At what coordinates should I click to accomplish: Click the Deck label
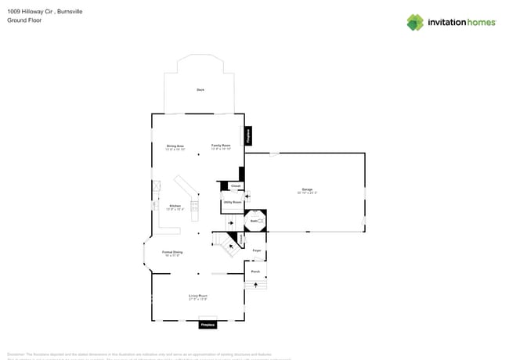(200, 91)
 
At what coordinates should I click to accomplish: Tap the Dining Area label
(175, 146)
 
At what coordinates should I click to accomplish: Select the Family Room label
(221, 146)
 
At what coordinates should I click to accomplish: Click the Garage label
(307, 189)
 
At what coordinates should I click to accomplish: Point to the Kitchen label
(175, 207)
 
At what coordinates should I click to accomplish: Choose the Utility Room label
(233, 202)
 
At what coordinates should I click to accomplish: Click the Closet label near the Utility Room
(236, 185)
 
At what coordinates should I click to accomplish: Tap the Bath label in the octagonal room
(254, 221)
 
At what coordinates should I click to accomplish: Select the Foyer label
(256, 250)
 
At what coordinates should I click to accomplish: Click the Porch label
(255, 272)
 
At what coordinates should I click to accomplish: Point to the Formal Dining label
(172, 253)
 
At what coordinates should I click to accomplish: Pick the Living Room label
(197, 297)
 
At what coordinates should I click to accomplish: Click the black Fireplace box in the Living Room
(208, 324)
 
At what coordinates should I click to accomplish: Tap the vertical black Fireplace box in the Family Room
(249, 135)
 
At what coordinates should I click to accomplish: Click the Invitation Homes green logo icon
(414, 22)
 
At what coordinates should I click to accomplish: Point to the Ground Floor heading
(24, 20)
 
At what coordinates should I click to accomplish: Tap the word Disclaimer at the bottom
(17, 354)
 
